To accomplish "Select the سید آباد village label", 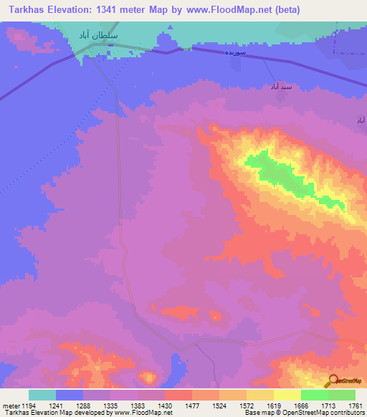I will tap(279, 86).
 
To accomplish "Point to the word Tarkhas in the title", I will tap(26, 9).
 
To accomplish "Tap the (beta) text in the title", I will tap(284, 9).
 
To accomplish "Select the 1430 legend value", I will tap(163, 406).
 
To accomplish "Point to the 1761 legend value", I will tap(354, 406).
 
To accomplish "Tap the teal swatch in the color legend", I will tap(42, 395).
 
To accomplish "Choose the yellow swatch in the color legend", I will tap(287, 395).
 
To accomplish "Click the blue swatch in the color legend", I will tap(70, 395).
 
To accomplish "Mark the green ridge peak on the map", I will tap(287, 176).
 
